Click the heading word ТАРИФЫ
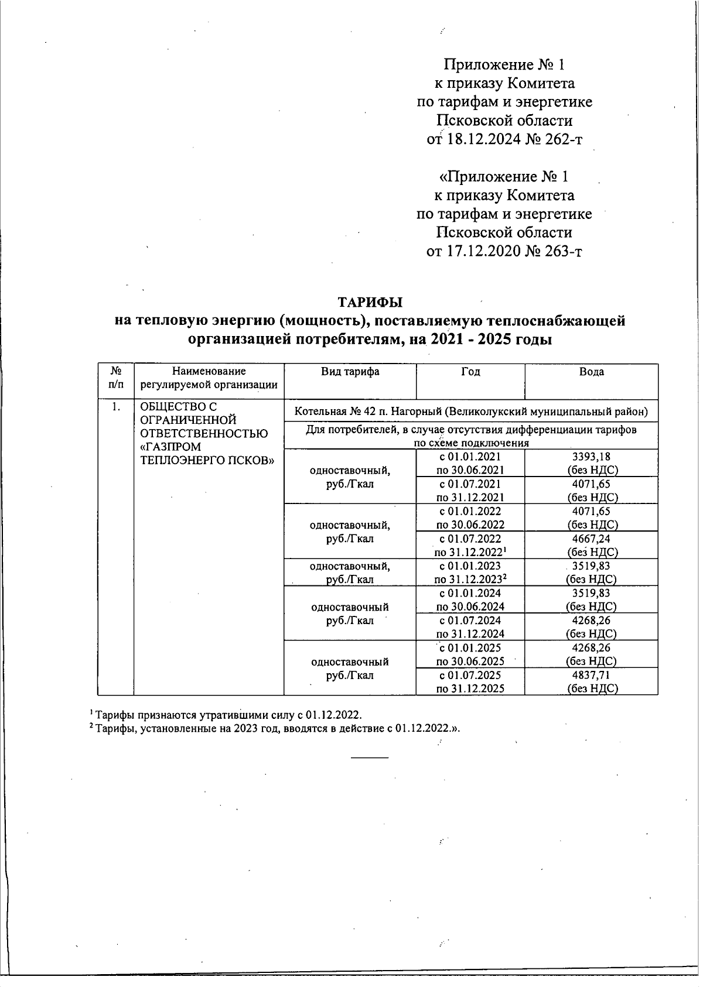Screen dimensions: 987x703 point(370,303)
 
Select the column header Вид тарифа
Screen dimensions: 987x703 point(350,372)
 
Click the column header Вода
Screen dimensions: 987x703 point(591,372)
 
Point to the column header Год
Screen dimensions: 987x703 point(470,372)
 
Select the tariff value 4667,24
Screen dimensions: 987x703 point(591,539)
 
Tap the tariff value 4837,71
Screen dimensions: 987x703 point(591,675)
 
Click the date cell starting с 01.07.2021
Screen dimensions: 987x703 point(470,491)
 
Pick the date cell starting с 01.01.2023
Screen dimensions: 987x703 point(470,573)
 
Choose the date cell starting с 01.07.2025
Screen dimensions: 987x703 point(470,681)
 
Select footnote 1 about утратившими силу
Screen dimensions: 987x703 point(226,715)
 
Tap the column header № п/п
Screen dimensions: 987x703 point(117,378)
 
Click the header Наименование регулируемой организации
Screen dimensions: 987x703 point(209,378)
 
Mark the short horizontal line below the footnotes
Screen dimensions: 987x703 point(369,758)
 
